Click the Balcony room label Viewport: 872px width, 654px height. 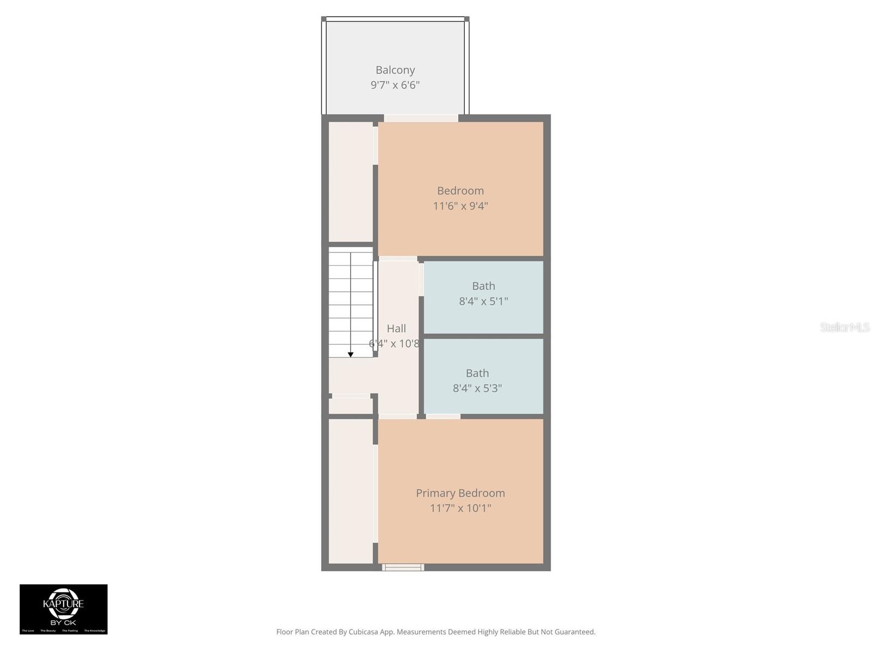(395, 70)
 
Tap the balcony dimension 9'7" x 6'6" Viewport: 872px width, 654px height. (395, 85)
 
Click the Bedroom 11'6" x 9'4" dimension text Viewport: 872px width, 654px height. (461, 206)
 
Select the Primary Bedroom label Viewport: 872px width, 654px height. (461, 493)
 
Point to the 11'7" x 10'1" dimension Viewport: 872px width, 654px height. (461, 508)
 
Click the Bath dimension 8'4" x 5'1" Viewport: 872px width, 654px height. (483, 301)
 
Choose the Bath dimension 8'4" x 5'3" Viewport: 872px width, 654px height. (477, 388)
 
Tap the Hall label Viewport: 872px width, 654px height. (396, 328)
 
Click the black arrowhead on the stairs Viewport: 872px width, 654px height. (350, 355)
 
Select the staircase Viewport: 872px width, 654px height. (350, 302)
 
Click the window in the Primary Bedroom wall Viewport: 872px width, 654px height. (403, 567)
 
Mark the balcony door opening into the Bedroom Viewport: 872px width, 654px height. (421, 118)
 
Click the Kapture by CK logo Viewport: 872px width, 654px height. (64, 609)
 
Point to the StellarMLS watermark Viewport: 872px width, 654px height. (844, 327)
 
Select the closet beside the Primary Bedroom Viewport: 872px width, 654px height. (350, 491)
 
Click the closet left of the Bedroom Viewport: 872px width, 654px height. (350, 181)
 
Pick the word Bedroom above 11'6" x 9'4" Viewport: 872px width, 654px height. (461, 191)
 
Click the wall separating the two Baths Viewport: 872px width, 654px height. (483, 336)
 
